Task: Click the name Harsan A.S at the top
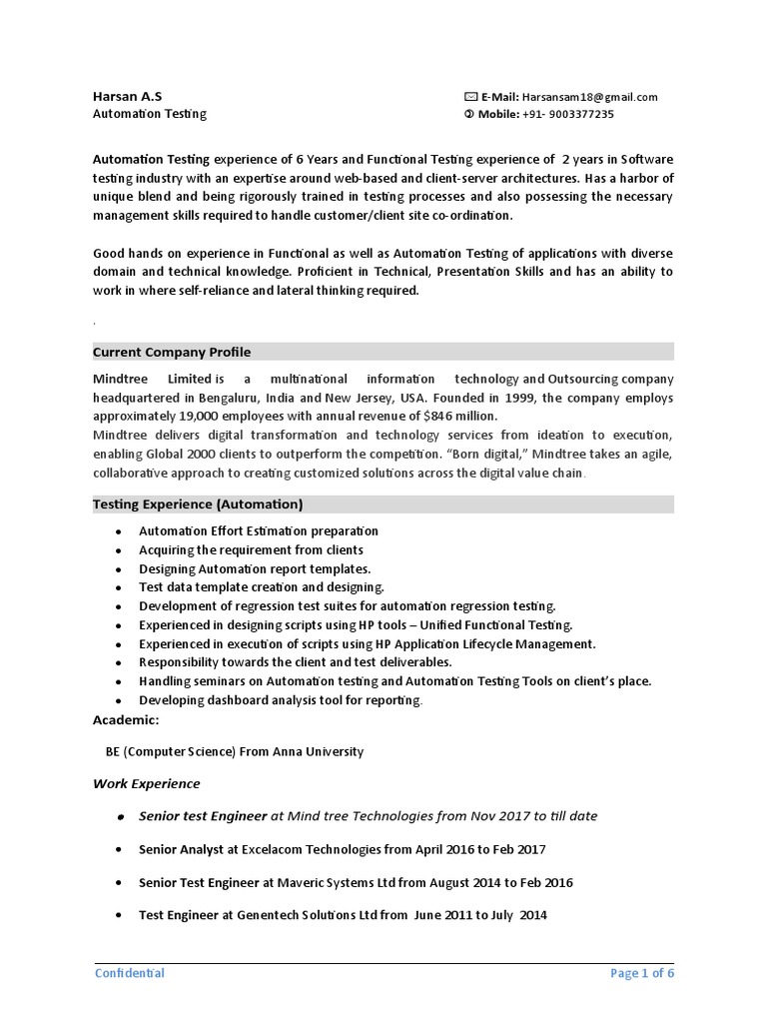pyautogui.click(x=127, y=97)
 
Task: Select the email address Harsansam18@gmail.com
pyautogui.click(x=590, y=97)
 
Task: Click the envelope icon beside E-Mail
pyautogui.click(x=470, y=97)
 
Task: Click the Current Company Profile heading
pyautogui.click(x=172, y=352)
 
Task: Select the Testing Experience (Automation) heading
pyautogui.click(x=198, y=505)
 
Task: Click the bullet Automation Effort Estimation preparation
pyautogui.click(x=259, y=531)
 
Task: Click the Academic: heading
pyautogui.click(x=126, y=719)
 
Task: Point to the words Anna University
pyautogui.click(x=322, y=751)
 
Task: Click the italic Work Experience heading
pyautogui.click(x=146, y=783)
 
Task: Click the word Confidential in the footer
pyautogui.click(x=130, y=973)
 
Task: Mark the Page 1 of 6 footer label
pyautogui.click(x=642, y=973)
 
